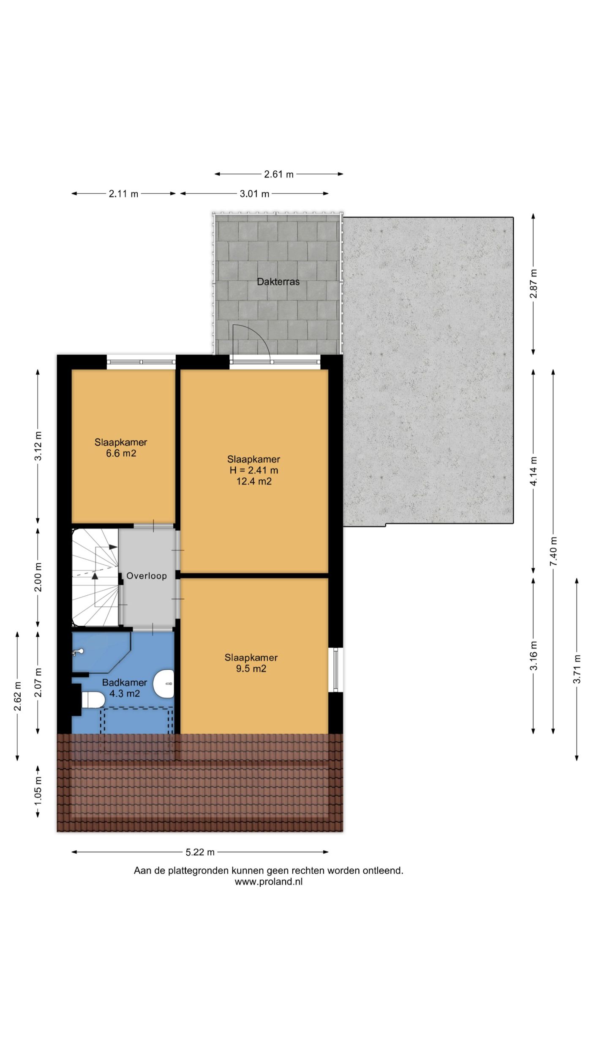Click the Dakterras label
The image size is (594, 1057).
pyautogui.click(x=278, y=282)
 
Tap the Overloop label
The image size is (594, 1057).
pyautogui.click(x=147, y=576)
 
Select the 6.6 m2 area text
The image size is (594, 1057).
pyautogui.click(x=121, y=454)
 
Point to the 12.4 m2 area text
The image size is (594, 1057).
pyautogui.click(x=254, y=481)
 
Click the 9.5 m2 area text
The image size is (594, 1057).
pyautogui.click(x=251, y=668)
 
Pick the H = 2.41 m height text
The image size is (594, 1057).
pyautogui.click(x=254, y=470)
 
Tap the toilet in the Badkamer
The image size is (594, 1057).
pyautogui.click(x=93, y=700)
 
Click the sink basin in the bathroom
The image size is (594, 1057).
pyautogui.click(x=164, y=684)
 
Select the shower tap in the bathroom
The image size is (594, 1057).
pyautogui.click(x=79, y=652)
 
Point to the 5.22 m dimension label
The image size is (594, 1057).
pyautogui.click(x=200, y=852)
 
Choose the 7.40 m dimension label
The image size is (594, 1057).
pyautogui.click(x=553, y=551)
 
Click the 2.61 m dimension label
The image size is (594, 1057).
pyautogui.click(x=279, y=174)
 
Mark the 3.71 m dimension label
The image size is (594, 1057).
pyautogui.click(x=577, y=669)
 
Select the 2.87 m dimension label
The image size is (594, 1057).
pyautogui.click(x=534, y=284)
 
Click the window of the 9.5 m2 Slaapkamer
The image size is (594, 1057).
pyautogui.click(x=336, y=669)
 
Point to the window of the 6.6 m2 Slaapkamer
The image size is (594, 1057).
pyautogui.click(x=141, y=362)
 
